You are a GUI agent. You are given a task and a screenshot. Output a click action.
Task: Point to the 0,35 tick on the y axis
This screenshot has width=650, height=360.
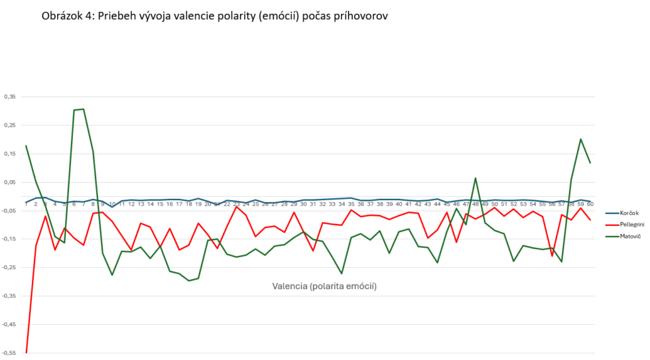point(10,97)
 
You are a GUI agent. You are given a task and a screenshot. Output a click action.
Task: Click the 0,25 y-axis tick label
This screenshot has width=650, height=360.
point(10,125)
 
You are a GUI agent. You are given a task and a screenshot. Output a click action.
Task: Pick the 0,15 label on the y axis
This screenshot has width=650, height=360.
point(10,154)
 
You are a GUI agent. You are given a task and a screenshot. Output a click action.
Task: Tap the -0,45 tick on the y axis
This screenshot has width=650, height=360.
point(9,324)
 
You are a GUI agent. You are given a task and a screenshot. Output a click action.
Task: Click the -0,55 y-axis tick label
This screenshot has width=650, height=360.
point(9,353)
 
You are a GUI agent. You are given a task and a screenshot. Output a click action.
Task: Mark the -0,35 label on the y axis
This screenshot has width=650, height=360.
point(9,296)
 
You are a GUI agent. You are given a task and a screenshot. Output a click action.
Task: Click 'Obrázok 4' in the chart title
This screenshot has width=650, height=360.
point(67,16)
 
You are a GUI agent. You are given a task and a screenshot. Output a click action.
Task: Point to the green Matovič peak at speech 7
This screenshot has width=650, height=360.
point(84,109)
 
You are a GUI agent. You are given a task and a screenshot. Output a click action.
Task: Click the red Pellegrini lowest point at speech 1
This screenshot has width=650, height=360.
point(27,352)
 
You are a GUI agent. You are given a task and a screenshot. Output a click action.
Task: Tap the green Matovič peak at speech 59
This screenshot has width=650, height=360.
point(580,139)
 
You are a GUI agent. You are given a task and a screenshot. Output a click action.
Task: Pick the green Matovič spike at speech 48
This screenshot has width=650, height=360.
point(476,178)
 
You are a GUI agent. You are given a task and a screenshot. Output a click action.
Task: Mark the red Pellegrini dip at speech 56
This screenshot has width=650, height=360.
point(552,255)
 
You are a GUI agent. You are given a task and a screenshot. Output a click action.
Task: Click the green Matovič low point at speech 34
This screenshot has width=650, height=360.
point(342,273)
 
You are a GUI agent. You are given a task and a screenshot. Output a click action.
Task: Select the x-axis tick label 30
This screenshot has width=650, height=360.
point(303,204)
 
